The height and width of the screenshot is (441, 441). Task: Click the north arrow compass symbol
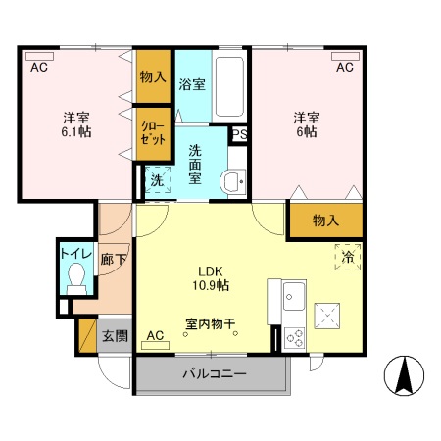(404, 375)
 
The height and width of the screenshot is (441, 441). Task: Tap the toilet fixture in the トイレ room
(77, 278)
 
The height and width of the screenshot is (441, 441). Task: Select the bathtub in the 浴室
(229, 86)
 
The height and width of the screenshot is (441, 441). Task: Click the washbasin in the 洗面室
(233, 181)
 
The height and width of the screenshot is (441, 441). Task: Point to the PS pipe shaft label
(239, 134)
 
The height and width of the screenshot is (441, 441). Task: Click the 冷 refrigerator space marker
(348, 257)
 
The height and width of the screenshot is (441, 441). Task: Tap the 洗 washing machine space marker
(158, 180)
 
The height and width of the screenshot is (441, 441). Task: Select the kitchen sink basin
(294, 296)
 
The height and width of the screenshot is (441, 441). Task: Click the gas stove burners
(294, 338)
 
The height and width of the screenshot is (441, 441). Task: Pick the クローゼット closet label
(153, 133)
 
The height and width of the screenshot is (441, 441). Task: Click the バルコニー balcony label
(215, 374)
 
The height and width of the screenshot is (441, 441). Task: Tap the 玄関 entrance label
(115, 336)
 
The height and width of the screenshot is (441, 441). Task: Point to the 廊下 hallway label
(114, 260)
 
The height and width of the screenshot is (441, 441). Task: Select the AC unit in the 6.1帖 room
(40, 56)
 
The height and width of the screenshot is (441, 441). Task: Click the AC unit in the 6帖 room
(345, 56)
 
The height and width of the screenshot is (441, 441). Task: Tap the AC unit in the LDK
(155, 345)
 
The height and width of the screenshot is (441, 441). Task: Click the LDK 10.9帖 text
(211, 278)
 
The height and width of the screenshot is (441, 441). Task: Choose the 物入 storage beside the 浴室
(153, 76)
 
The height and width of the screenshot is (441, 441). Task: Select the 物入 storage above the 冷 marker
(326, 220)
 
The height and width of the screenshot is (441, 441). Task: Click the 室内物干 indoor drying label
(211, 323)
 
